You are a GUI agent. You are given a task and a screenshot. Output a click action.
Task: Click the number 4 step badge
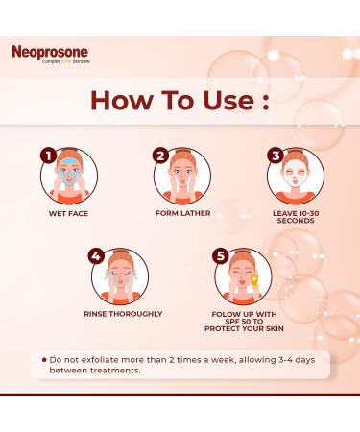96,256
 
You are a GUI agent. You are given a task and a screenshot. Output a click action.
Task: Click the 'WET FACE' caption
67,213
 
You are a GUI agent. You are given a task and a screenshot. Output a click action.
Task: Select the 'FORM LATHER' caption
182,213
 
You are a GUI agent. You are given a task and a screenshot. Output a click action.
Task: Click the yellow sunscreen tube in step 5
256,285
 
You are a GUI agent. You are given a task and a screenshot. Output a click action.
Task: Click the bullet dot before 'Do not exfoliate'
45,359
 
